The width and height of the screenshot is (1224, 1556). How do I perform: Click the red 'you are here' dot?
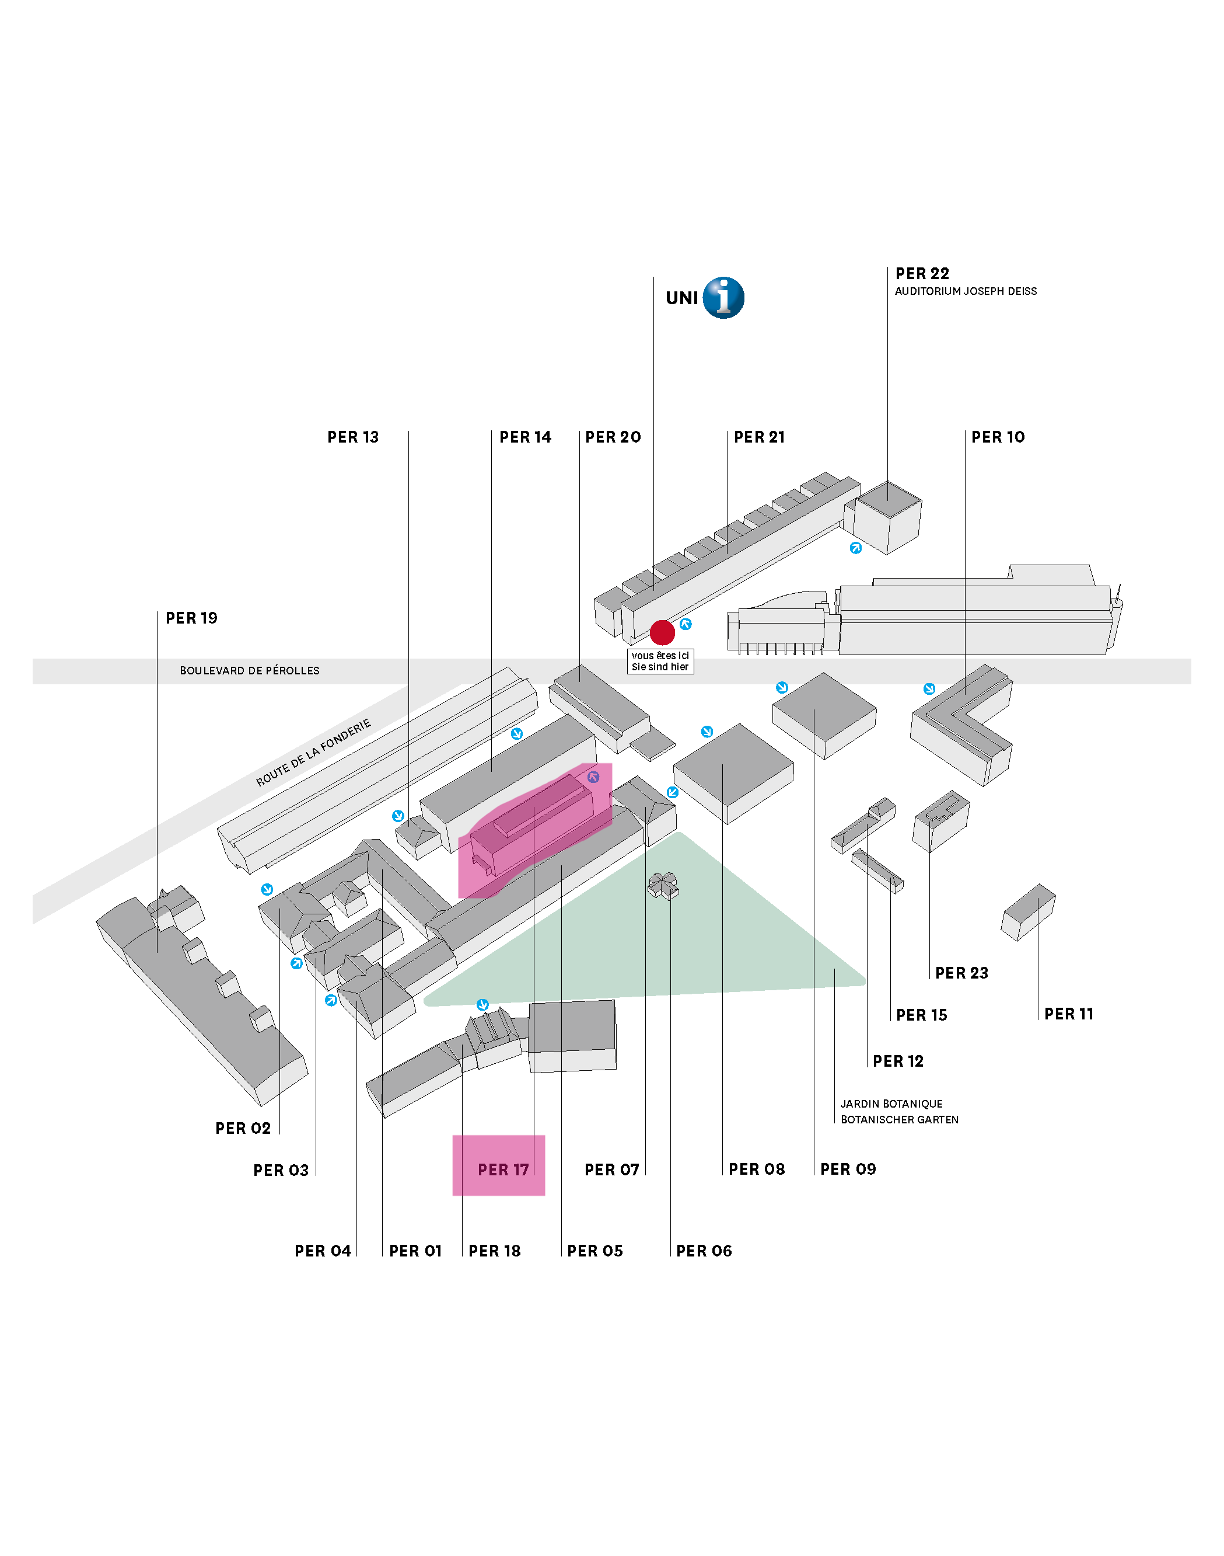[662, 632]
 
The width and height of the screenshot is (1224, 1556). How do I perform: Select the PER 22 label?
[922, 273]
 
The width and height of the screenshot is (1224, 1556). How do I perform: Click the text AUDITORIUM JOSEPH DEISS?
[966, 291]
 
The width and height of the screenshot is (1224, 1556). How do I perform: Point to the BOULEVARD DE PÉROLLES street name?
[249, 670]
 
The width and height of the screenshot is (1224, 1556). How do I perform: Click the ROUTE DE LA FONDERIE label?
[314, 752]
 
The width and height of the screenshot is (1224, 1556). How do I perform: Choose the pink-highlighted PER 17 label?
[503, 1169]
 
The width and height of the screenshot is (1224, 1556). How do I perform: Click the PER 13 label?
[352, 437]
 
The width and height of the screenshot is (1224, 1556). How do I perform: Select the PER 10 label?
[998, 437]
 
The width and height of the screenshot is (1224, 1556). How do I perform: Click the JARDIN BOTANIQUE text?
[891, 1104]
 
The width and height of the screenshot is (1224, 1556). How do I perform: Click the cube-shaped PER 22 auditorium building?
[887, 518]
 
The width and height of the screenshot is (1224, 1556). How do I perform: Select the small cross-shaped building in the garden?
[663, 886]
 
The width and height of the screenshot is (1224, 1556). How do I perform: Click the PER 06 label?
[704, 1251]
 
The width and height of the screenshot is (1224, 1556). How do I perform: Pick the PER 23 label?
[961, 973]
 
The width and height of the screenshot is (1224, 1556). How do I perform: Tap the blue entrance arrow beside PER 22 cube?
[856, 548]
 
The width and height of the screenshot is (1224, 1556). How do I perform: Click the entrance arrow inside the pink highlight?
[593, 777]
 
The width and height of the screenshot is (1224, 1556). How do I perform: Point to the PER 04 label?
[323, 1251]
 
